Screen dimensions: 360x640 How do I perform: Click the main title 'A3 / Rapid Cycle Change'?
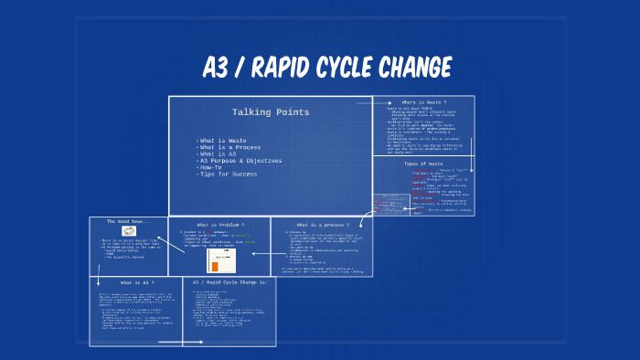pos(327,68)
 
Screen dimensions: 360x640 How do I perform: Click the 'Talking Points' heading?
pos(270,112)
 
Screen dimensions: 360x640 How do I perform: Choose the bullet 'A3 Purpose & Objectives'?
pos(240,160)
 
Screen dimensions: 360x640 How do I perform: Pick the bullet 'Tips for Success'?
pos(229,173)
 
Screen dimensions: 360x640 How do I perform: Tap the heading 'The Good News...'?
pos(129,222)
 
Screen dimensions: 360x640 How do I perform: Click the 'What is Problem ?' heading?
pos(220,224)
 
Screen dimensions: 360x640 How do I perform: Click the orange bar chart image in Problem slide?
pos(220,260)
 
